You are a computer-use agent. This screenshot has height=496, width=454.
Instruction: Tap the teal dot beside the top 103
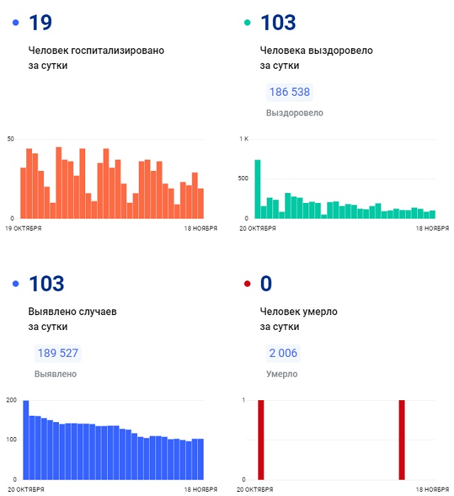(x=248, y=23)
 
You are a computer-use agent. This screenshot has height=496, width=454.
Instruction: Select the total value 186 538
(x=289, y=92)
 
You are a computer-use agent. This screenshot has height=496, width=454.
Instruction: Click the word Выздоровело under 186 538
(x=294, y=113)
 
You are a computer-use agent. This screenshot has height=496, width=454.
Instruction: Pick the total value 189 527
(x=57, y=353)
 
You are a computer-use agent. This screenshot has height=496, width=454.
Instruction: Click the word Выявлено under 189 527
(x=55, y=374)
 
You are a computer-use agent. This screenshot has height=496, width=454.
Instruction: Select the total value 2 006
(x=282, y=353)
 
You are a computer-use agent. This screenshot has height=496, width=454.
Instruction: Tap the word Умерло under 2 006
(x=282, y=374)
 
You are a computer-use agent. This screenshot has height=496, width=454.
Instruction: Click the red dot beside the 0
(x=248, y=284)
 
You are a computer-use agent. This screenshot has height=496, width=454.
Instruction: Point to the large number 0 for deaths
(x=266, y=284)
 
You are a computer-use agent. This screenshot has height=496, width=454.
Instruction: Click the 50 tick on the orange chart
(x=10, y=138)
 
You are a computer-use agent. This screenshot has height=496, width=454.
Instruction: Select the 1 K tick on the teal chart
(x=243, y=138)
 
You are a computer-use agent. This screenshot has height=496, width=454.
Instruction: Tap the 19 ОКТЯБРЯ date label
(x=23, y=228)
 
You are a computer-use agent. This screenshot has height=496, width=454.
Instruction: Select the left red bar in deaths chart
(x=261, y=440)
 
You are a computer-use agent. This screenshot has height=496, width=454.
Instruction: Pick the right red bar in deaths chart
(x=402, y=440)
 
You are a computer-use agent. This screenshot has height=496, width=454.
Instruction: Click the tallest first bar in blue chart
(x=26, y=440)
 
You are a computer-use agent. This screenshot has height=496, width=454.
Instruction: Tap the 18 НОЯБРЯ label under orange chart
(x=200, y=228)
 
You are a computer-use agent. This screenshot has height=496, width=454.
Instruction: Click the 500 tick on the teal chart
(x=243, y=178)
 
